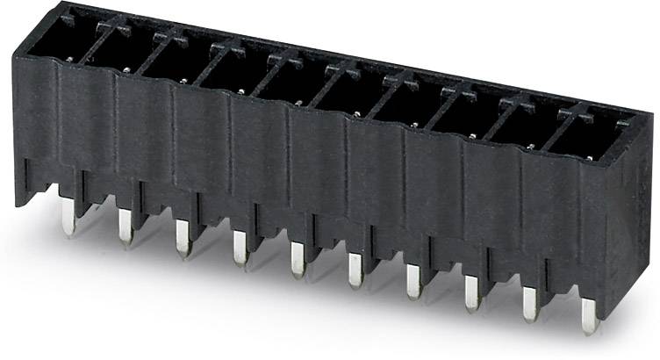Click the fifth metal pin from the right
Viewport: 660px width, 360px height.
[355, 271]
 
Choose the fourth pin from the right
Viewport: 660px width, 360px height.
[413, 283]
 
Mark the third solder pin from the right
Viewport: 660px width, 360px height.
[472, 294]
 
